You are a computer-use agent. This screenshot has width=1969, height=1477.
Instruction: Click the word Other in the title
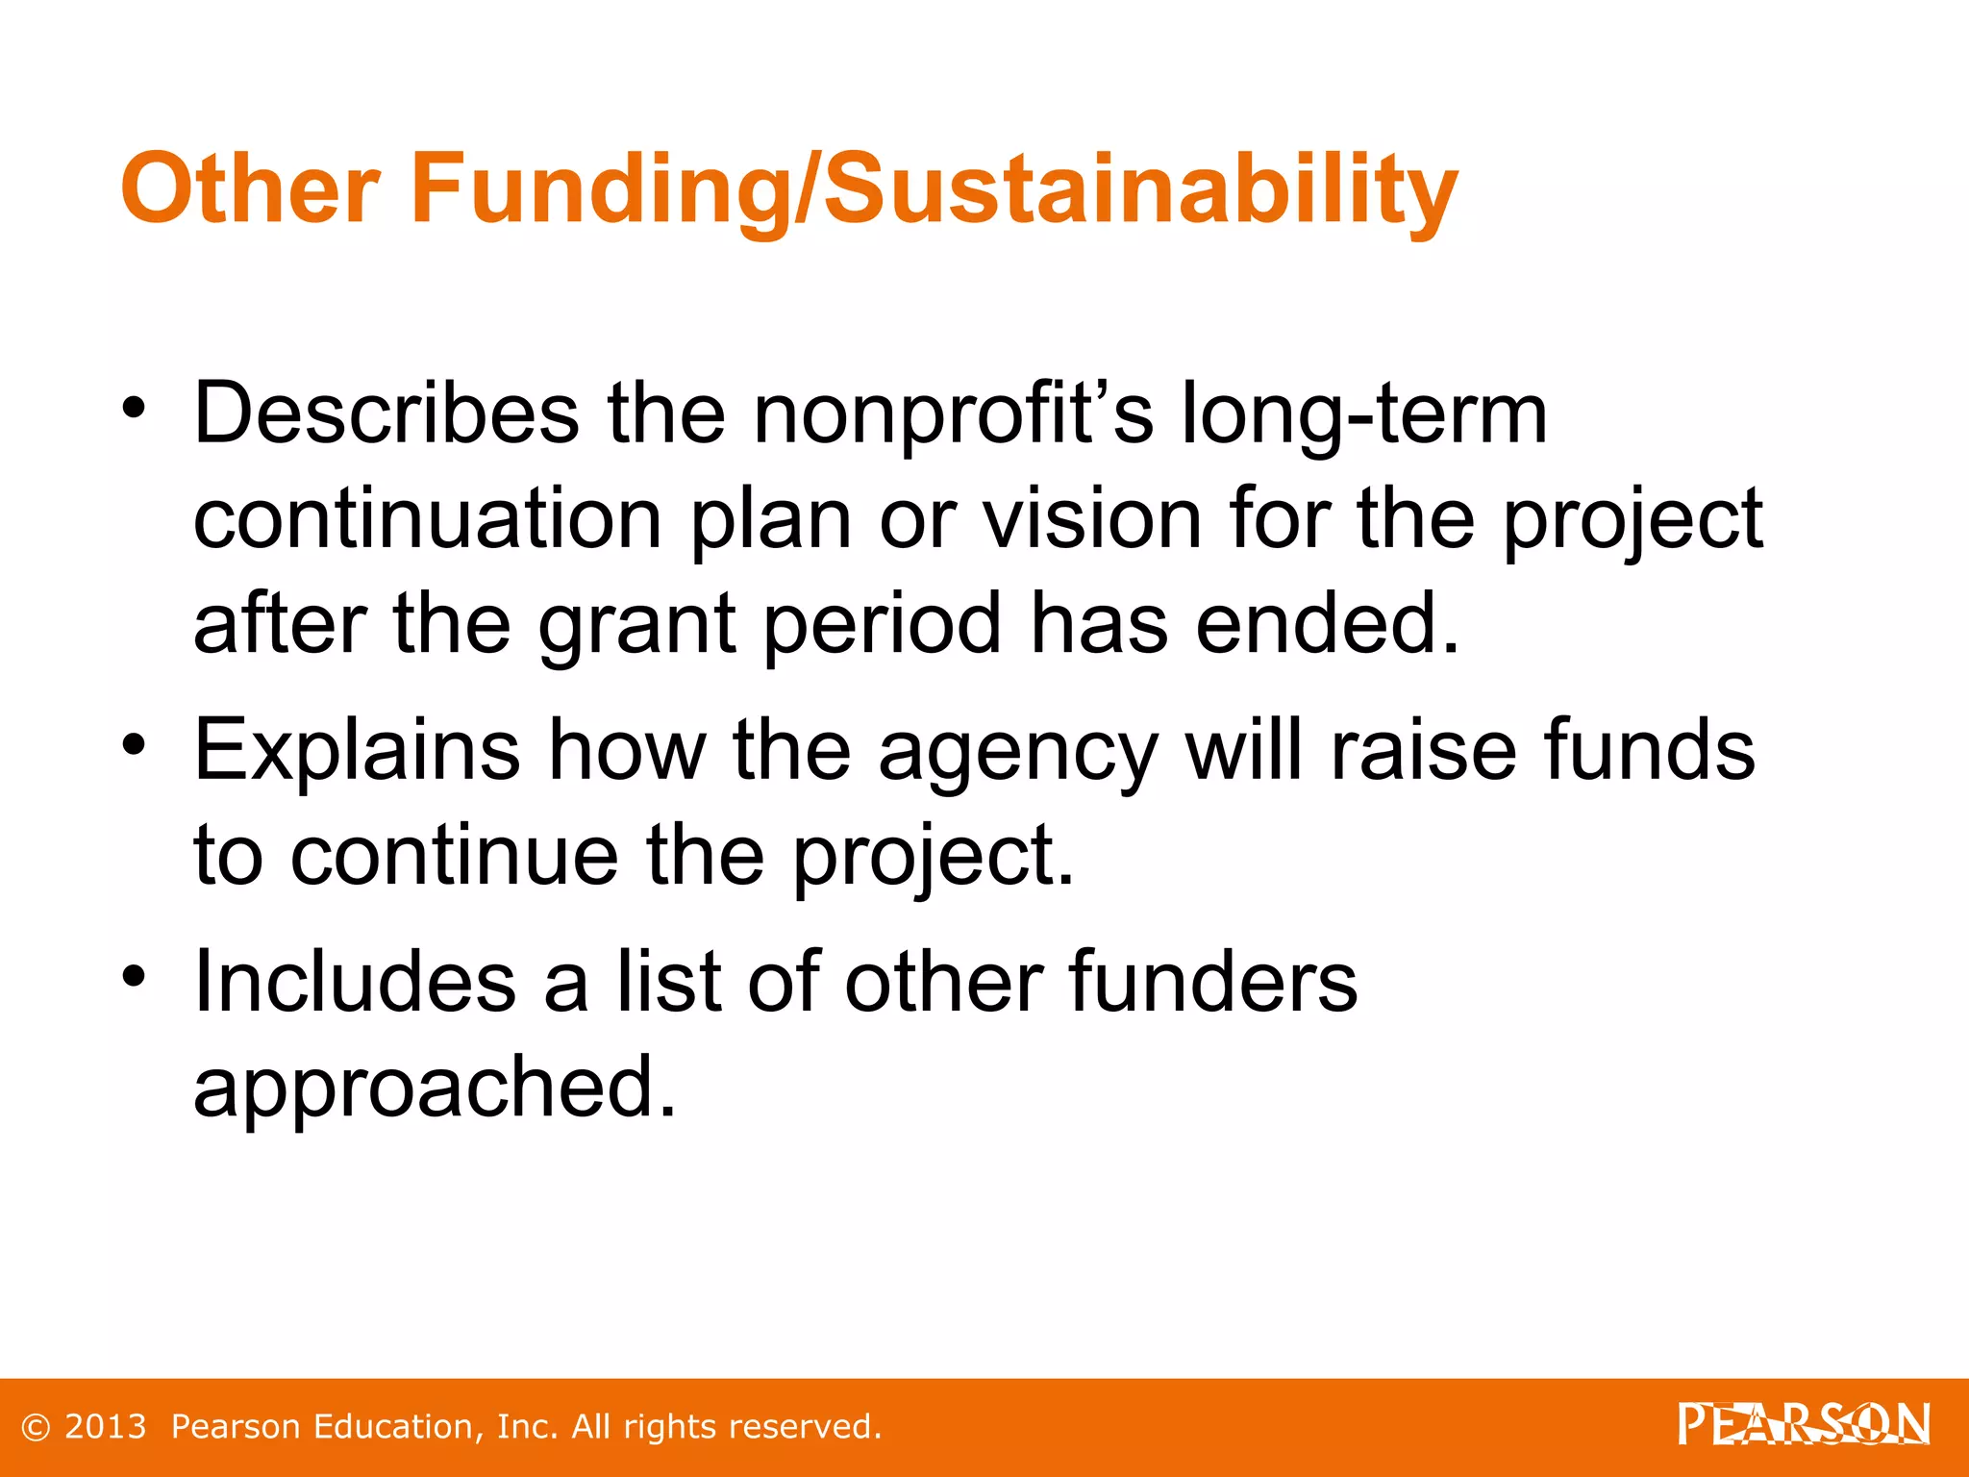click(250, 188)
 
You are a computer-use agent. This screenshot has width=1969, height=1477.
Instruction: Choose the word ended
click(1327, 625)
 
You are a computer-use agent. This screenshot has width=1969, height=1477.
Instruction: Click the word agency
click(1018, 752)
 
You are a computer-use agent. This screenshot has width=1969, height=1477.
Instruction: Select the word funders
click(1212, 982)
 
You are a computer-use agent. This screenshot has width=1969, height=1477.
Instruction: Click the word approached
click(436, 1088)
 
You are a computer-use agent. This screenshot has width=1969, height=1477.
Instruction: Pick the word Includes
click(355, 982)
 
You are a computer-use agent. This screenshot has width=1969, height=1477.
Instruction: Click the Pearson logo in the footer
click(1804, 1424)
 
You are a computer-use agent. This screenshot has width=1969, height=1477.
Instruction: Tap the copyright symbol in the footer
click(36, 1428)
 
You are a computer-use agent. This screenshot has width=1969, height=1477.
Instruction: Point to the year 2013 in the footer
click(106, 1427)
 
